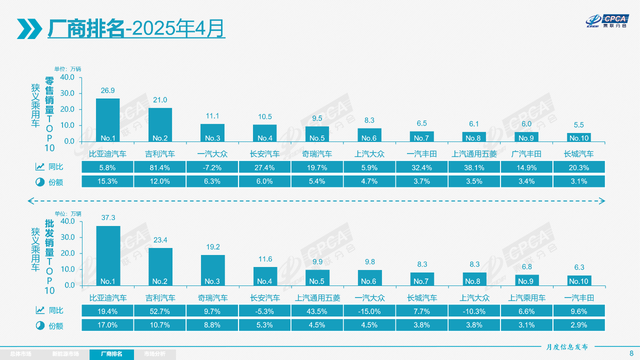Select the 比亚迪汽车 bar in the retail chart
coord(108,120)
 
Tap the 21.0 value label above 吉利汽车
coord(160,100)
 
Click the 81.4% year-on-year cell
coord(160,167)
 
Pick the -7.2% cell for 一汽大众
coord(212,167)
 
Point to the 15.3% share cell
coord(108,181)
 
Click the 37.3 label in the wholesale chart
coord(108,217)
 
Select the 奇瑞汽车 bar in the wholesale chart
coord(212,270)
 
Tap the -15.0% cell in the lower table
coord(369,311)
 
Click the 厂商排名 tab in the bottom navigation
coord(111,354)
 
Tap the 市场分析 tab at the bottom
coord(154,354)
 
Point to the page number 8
coord(631,353)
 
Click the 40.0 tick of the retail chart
coord(67,77)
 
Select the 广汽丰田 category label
coord(526,154)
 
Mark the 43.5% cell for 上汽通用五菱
coord(317,311)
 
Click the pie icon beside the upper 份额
coord(40,182)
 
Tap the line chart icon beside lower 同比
coord(40,310)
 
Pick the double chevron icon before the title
coord(29,28)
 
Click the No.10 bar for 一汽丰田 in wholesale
coord(579,280)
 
